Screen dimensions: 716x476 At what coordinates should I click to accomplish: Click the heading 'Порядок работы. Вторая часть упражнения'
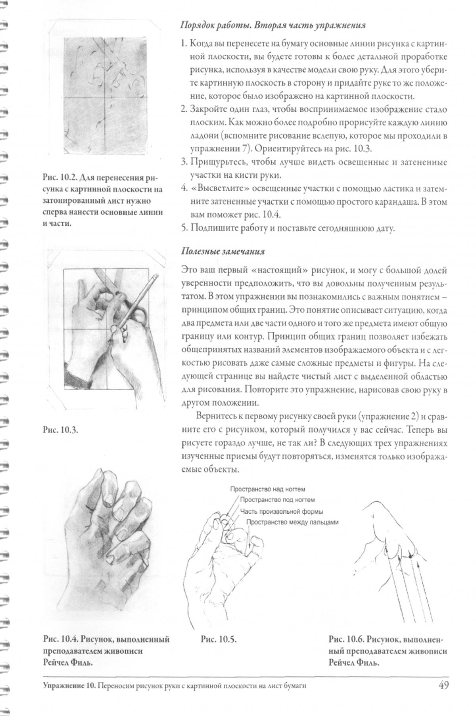tap(273, 26)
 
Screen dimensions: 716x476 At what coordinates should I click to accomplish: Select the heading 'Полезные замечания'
tap(223, 251)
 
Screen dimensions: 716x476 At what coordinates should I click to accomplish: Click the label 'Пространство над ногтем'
tap(267, 489)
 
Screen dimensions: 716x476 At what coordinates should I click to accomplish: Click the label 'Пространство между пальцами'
tap(293, 522)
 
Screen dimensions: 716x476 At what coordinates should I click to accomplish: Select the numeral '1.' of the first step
tap(184, 43)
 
